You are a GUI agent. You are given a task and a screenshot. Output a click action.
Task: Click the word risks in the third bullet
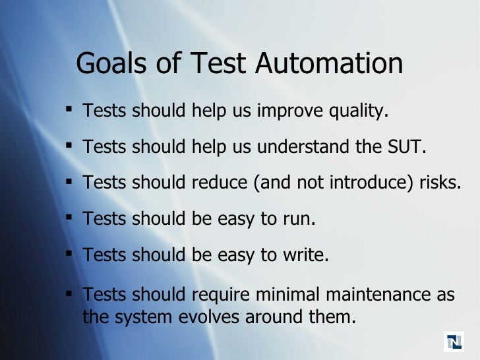pyautogui.click(x=440, y=183)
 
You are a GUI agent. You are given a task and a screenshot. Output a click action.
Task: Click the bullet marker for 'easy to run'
pyautogui.click(x=69, y=217)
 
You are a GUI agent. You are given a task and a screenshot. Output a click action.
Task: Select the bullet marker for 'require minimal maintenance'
pyautogui.click(x=69, y=292)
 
